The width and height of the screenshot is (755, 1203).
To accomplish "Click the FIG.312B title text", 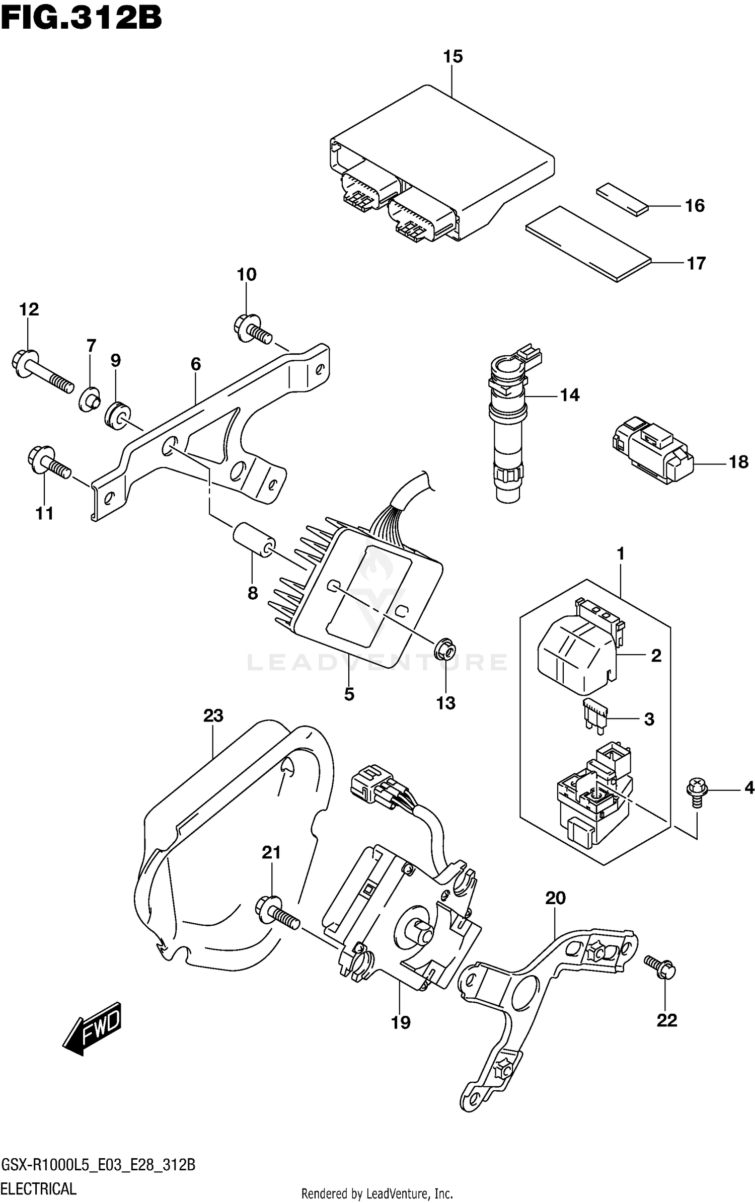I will pyautogui.click(x=81, y=19).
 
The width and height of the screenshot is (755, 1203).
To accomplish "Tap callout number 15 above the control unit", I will pyautogui.click(x=452, y=57).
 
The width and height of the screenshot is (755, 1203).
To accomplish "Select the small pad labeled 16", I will pyautogui.click(x=622, y=199).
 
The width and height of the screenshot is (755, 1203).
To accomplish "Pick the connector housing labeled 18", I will pyautogui.click(x=652, y=449).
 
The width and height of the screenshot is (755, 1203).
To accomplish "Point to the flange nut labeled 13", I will pyautogui.click(x=445, y=650).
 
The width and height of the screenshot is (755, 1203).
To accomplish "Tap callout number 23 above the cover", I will pyautogui.click(x=213, y=715).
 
